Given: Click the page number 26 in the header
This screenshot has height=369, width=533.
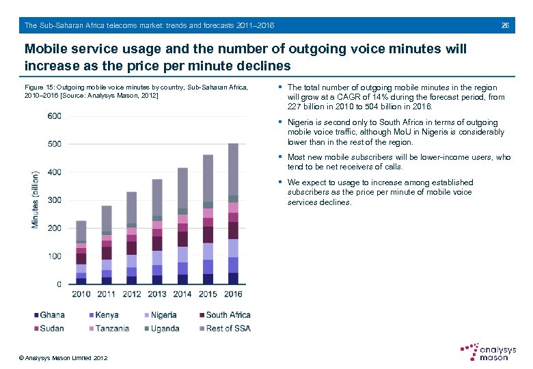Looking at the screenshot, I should coord(505,25).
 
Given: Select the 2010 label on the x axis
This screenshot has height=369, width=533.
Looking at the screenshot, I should coord(81,295).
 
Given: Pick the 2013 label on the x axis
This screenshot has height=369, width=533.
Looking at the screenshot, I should coord(156,295).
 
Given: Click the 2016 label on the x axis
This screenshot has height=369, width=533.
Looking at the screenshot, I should coord(233,295).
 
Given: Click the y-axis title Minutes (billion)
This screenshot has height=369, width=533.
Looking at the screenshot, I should coord(35,200).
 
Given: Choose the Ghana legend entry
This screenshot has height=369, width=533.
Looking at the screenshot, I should coord(49,315).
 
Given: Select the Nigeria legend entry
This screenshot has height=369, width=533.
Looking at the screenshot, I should coord(160,315).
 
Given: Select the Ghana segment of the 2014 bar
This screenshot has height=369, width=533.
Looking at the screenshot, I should coord(182,279).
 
